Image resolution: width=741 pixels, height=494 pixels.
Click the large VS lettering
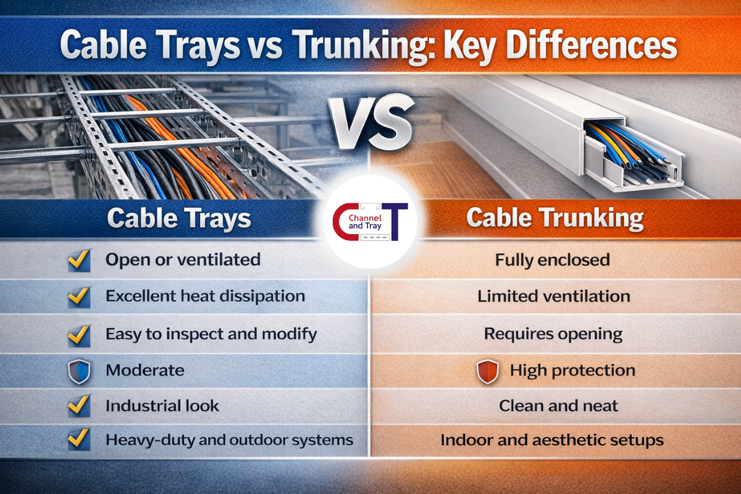click(x=369, y=120)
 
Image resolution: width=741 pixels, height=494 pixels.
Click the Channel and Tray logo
click(x=370, y=220)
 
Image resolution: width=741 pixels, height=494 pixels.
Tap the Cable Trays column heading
click(x=178, y=218)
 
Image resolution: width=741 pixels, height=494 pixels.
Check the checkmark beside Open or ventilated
click(x=78, y=261)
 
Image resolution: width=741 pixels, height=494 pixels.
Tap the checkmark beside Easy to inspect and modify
click(x=78, y=335)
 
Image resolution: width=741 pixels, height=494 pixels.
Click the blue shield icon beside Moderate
click(x=78, y=371)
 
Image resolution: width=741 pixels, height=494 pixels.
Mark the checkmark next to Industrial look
click(x=78, y=406)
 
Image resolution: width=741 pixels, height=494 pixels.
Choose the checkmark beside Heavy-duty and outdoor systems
click(x=78, y=440)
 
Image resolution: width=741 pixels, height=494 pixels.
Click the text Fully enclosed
click(x=552, y=260)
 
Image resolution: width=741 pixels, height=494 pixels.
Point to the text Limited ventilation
click(x=553, y=296)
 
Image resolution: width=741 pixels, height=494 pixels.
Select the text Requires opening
click(x=553, y=334)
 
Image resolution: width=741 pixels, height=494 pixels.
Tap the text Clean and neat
click(x=558, y=406)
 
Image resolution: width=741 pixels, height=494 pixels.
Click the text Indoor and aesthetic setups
click(x=552, y=440)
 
